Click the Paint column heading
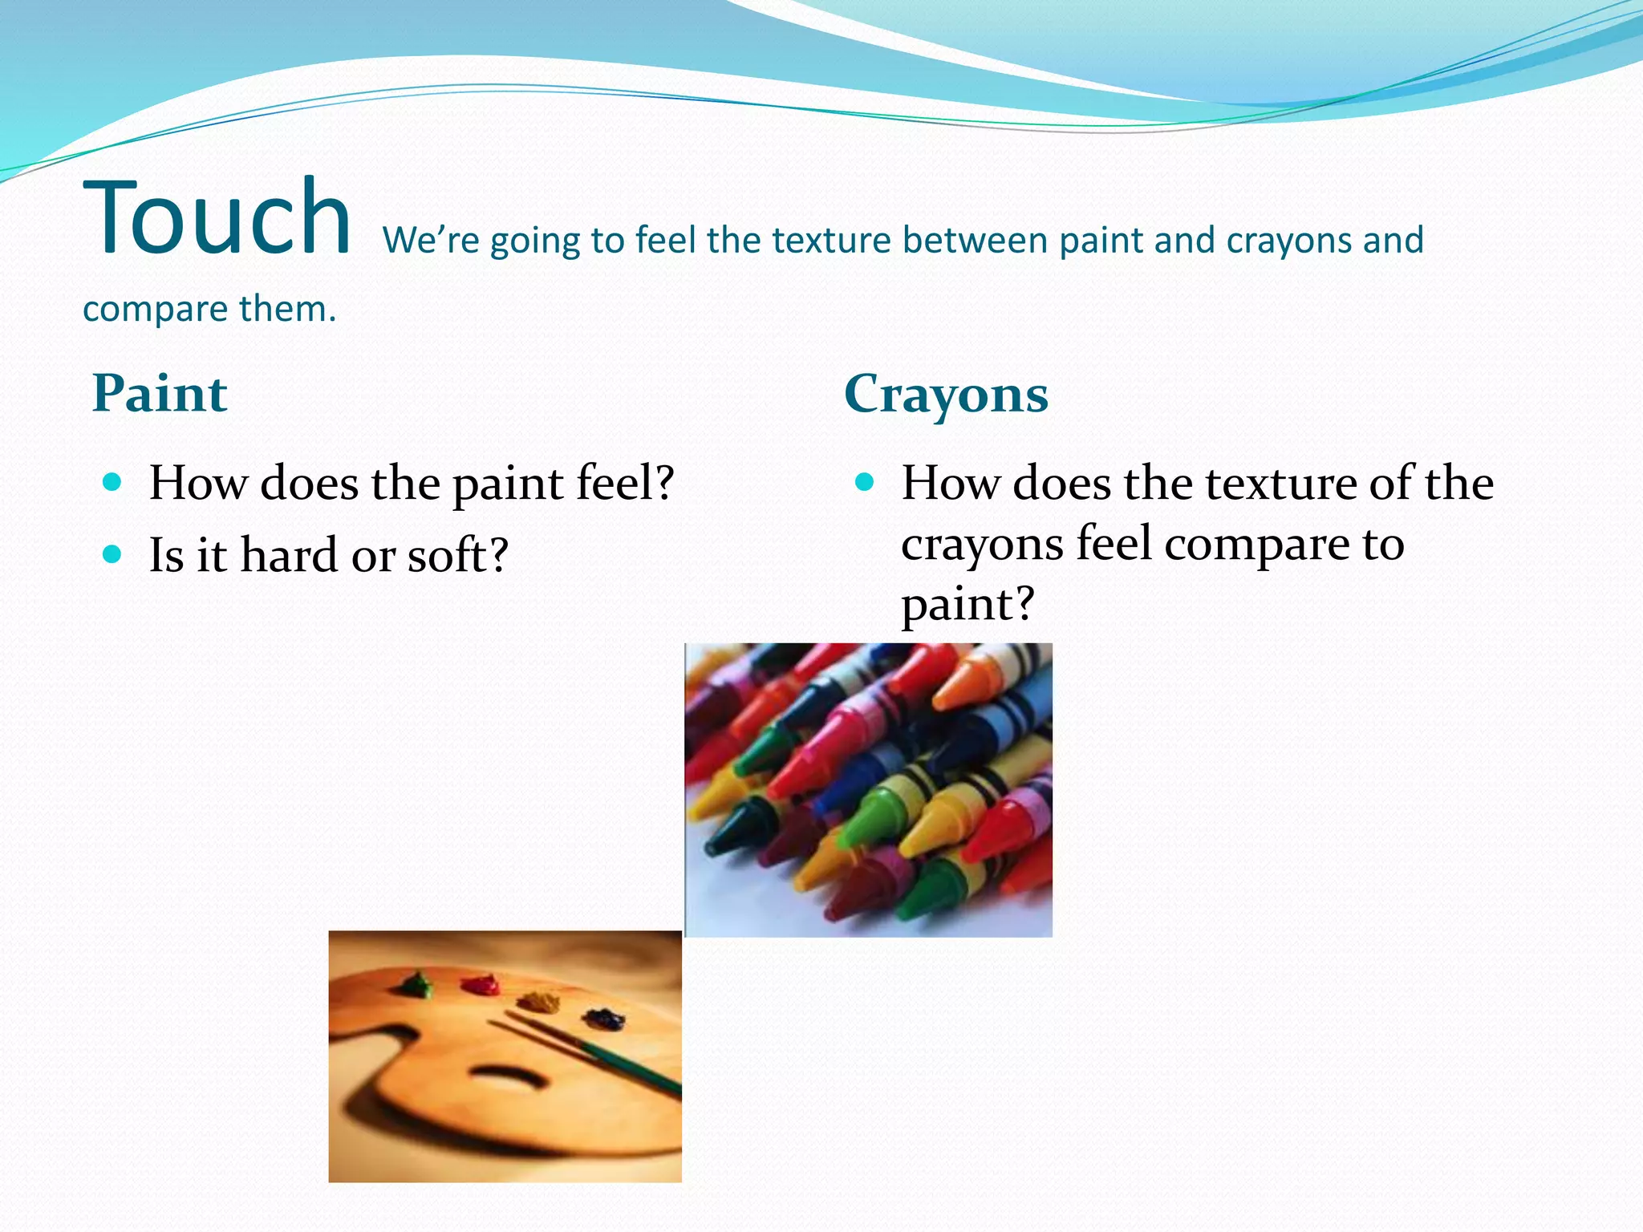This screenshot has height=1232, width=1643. point(160,394)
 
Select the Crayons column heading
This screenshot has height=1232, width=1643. point(946,394)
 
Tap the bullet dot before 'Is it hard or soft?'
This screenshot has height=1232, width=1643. point(112,554)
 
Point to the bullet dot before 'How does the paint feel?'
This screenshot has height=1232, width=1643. point(112,482)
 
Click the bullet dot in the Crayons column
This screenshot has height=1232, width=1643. point(864,482)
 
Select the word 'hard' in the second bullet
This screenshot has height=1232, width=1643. point(289,555)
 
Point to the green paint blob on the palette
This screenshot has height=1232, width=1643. point(416,985)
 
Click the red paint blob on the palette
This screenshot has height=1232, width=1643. point(481,984)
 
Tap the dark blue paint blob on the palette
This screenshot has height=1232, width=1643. point(604,1019)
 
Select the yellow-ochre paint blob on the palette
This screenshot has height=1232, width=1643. point(538,1001)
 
